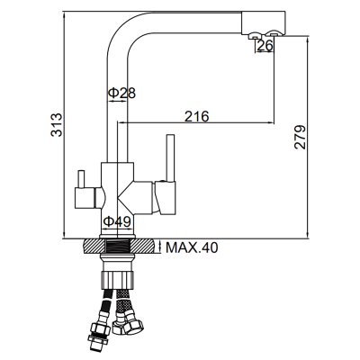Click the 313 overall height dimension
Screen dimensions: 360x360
pyautogui.click(x=56, y=125)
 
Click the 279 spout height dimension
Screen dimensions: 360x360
pyautogui.click(x=300, y=137)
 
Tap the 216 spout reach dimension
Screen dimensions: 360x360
pyautogui.click(x=196, y=116)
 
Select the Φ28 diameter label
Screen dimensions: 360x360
pyautogui.click(x=121, y=94)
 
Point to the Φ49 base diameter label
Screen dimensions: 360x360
pyautogui.click(x=117, y=221)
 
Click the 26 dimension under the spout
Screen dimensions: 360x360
pyautogui.click(x=265, y=45)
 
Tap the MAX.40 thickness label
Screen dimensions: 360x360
pyautogui.click(x=192, y=247)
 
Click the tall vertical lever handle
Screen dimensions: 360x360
pyautogui.click(x=171, y=158)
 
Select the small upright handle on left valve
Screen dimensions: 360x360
pyautogui.click(x=81, y=179)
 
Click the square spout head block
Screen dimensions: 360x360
pyautogui.click(x=263, y=22)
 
